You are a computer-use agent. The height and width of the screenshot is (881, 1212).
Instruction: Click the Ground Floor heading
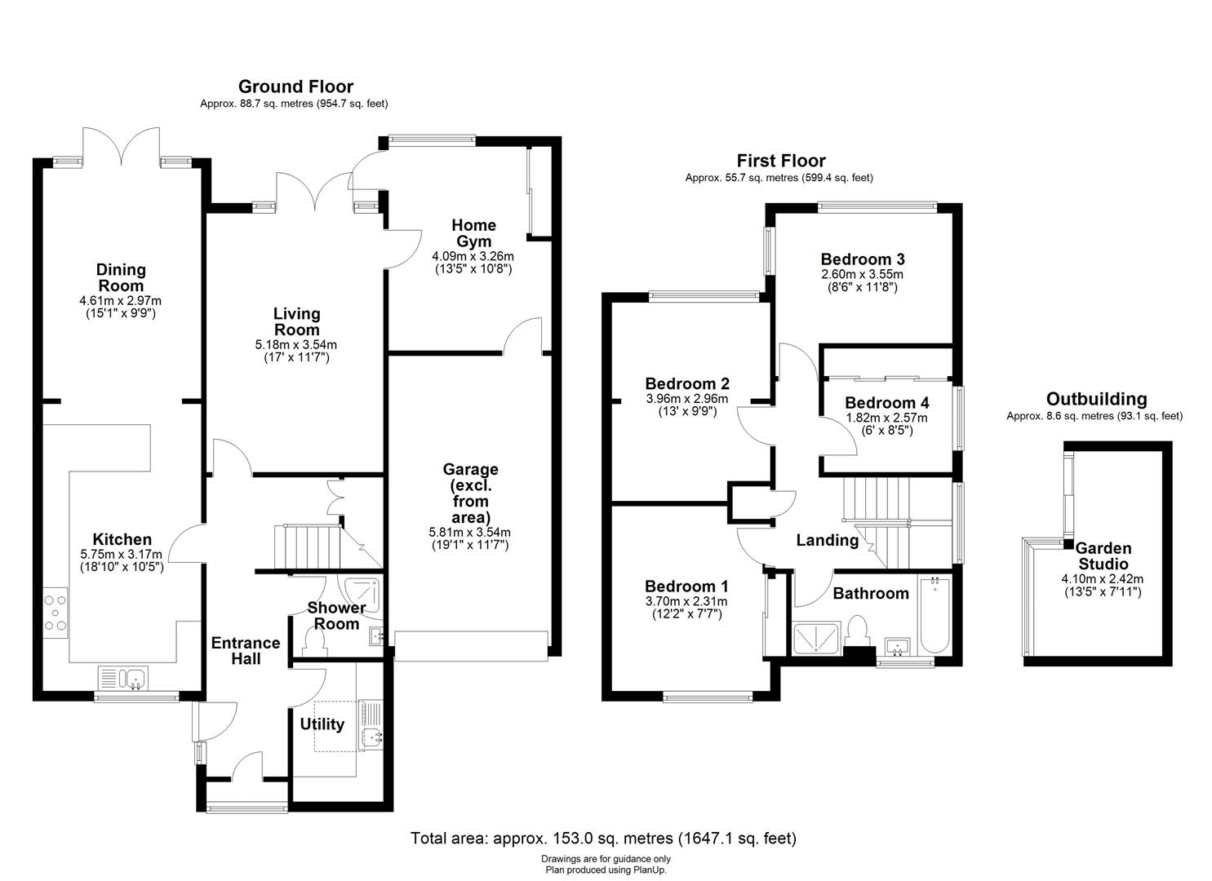point(295,86)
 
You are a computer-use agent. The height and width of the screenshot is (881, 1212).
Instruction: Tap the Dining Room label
point(121,277)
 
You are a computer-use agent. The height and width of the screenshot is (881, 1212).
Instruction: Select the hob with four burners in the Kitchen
point(56,613)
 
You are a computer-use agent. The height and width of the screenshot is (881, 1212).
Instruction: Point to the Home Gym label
point(473,232)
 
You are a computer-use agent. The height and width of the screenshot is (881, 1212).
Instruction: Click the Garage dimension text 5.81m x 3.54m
point(469,532)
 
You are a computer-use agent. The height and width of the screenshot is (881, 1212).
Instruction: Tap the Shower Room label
point(336,615)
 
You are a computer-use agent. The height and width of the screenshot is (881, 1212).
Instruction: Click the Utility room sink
point(372,738)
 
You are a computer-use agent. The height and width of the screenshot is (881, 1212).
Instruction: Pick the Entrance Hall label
point(246,650)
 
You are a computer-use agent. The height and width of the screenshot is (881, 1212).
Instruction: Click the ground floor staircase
point(309,547)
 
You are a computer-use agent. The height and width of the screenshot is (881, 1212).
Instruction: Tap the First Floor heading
point(781,161)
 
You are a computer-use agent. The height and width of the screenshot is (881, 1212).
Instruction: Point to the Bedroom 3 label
point(863,259)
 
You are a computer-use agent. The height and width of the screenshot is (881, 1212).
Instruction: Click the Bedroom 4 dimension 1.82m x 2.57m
point(887,418)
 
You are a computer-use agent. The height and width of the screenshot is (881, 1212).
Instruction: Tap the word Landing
point(828,540)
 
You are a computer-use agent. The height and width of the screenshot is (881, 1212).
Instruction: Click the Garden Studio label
point(1103,556)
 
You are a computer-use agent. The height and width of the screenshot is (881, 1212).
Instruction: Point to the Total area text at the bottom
point(603,838)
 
